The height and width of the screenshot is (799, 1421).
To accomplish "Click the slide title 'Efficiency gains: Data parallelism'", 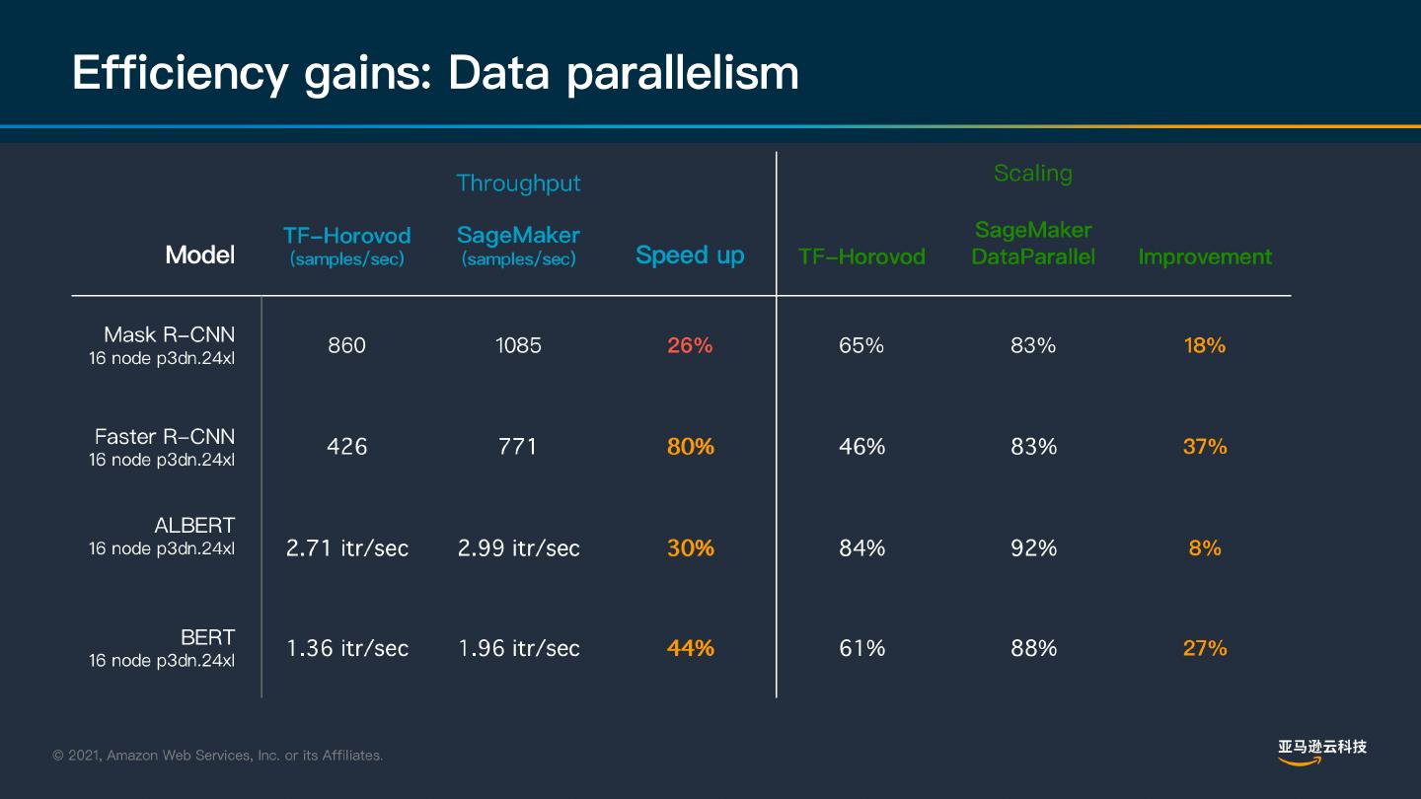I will coord(435,73).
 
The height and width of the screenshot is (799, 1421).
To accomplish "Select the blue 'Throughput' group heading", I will coord(518,183).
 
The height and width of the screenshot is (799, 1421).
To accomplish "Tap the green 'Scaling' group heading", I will coord(1032,174).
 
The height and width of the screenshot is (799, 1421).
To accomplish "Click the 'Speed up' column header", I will coord(690,255).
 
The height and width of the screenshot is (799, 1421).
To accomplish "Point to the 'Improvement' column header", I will coord(1205,257).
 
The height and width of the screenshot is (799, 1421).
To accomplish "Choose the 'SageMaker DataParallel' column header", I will coord(1033,244).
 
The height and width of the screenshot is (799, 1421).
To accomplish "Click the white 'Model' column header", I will coord(200,255).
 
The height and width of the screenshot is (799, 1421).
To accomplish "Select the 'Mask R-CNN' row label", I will coord(169,334).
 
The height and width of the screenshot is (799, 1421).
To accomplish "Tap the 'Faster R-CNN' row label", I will coord(165,436).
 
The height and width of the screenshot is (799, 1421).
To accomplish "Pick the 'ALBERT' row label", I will coord(194,526).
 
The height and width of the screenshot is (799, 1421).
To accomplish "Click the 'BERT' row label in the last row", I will coord(207,637).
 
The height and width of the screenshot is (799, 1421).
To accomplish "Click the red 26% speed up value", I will coord(690,345).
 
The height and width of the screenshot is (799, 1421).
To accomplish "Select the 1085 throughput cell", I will coord(518,345).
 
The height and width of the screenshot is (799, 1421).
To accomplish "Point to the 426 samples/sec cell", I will coord(346,447).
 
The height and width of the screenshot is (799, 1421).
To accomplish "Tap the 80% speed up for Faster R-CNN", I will coord(690,447).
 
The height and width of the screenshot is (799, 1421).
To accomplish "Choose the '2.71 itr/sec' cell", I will coord(346,548).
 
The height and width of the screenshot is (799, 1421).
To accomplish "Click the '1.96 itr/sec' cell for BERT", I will coord(518,649).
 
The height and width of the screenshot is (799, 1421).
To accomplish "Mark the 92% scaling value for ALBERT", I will coord(1033,548).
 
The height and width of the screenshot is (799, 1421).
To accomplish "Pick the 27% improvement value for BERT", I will coord(1205,649).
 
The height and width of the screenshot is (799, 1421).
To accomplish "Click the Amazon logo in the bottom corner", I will coord(1321,752).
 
